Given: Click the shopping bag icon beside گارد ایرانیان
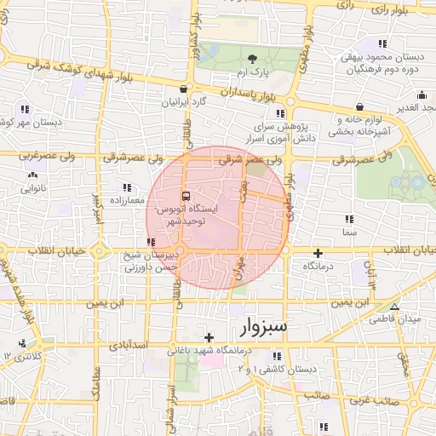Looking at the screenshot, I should (183, 89).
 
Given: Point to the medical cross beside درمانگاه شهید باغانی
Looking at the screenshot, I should (209, 338).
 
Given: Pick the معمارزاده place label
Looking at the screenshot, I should (126, 200).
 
